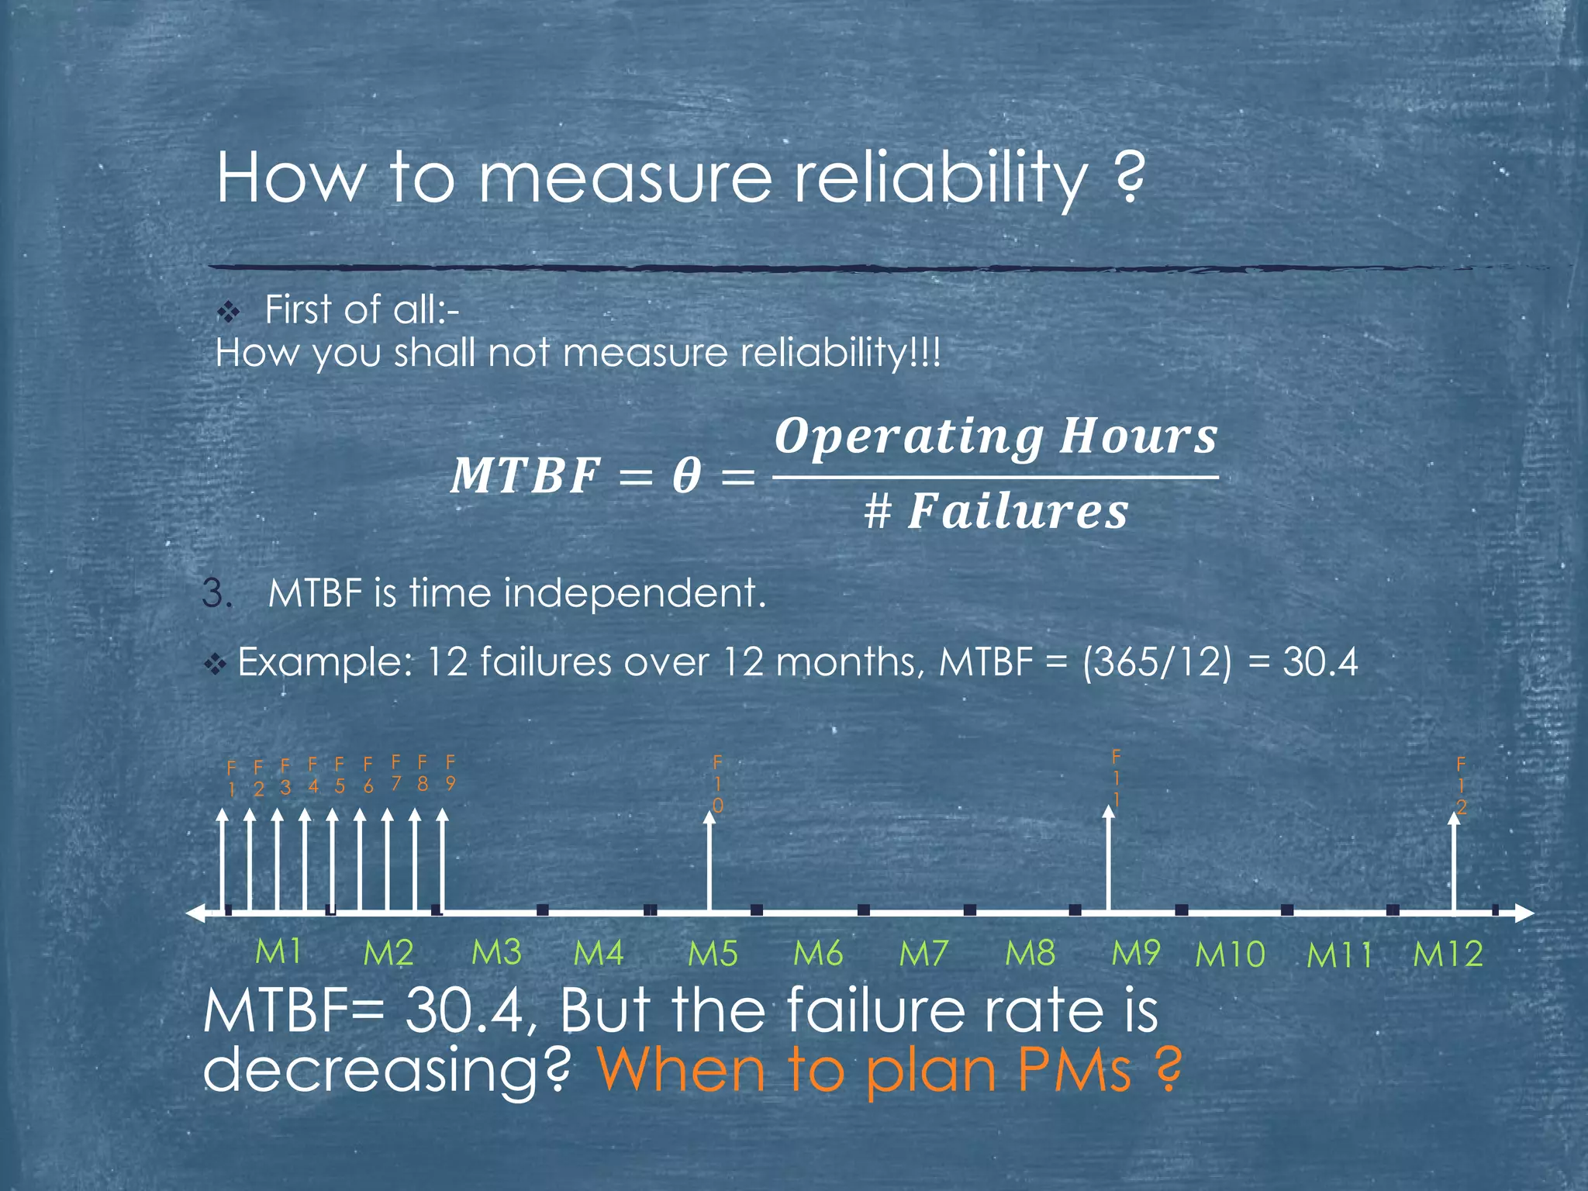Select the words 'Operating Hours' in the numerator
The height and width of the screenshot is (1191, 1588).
click(996, 436)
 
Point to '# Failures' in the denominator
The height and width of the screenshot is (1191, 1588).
click(996, 512)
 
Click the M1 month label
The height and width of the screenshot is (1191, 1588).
click(278, 952)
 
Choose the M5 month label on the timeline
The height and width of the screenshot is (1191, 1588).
click(713, 954)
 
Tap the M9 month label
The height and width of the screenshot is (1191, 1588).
click(1136, 953)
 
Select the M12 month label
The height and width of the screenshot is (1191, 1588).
click(1448, 954)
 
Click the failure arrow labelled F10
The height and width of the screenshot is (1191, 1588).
click(709, 861)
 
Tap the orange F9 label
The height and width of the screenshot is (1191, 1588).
click(450, 772)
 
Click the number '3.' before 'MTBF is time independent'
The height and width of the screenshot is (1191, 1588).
click(217, 594)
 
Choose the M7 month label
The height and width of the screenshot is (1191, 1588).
click(924, 954)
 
